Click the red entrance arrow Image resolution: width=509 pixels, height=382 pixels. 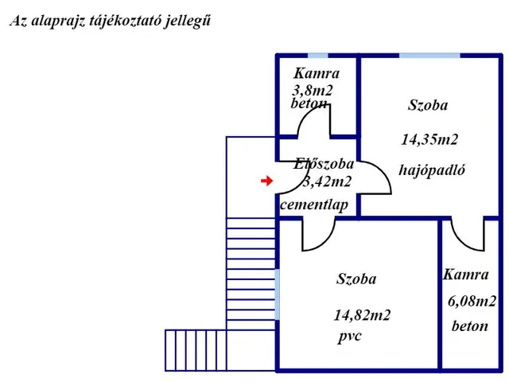(267, 181)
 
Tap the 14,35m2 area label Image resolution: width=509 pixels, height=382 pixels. (429, 140)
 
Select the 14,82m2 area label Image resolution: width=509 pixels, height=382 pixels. (363, 315)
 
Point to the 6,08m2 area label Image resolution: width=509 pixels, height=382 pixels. (472, 302)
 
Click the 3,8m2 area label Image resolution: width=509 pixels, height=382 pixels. (313, 91)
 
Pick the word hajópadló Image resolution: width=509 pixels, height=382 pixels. (432, 170)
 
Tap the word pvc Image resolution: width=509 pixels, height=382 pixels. (350, 336)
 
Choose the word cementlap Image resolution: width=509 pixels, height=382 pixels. (314, 205)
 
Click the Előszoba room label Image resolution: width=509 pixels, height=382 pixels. (324, 164)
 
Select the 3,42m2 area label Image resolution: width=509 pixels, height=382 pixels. (327, 181)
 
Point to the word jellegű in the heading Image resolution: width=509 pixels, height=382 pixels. (188, 21)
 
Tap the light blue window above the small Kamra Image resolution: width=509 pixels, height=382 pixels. (318, 56)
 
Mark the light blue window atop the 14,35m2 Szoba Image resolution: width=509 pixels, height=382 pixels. (429, 56)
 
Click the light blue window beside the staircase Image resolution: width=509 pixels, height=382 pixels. (278, 294)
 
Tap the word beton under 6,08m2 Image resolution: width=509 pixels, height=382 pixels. (470, 325)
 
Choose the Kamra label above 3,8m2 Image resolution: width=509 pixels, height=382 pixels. (317, 73)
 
